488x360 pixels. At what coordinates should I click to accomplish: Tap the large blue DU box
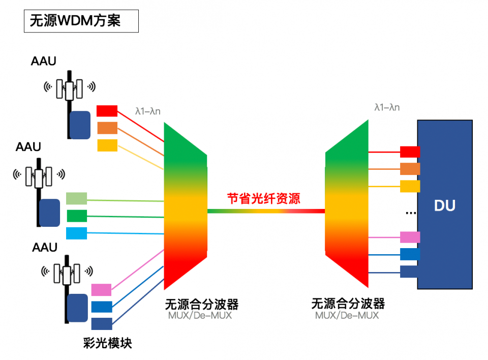click(x=445, y=205)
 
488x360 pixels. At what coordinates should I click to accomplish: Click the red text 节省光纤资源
click(x=263, y=198)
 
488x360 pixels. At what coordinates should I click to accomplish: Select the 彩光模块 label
click(x=107, y=343)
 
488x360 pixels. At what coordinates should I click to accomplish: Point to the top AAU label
click(x=44, y=62)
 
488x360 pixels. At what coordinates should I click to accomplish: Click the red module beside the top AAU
click(x=107, y=110)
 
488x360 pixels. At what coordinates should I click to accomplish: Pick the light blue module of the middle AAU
click(x=76, y=233)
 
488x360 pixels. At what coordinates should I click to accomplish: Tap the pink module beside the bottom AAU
click(x=101, y=290)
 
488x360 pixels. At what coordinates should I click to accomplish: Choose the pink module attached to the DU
click(x=410, y=237)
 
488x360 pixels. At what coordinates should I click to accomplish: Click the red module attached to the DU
click(x=410, y=152)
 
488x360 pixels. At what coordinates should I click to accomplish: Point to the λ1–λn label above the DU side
click(x=387, y=107)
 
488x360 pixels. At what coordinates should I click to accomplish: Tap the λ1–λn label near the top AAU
click(x=148, y=110)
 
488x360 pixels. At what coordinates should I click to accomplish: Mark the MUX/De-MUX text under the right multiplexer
click(x=347, y=315)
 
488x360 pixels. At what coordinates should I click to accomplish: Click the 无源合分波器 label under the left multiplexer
click(x=201, y=304)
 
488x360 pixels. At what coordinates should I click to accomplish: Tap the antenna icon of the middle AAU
click(x=39, y=176)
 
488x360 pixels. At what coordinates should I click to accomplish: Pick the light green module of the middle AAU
click(x=76, y=198)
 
